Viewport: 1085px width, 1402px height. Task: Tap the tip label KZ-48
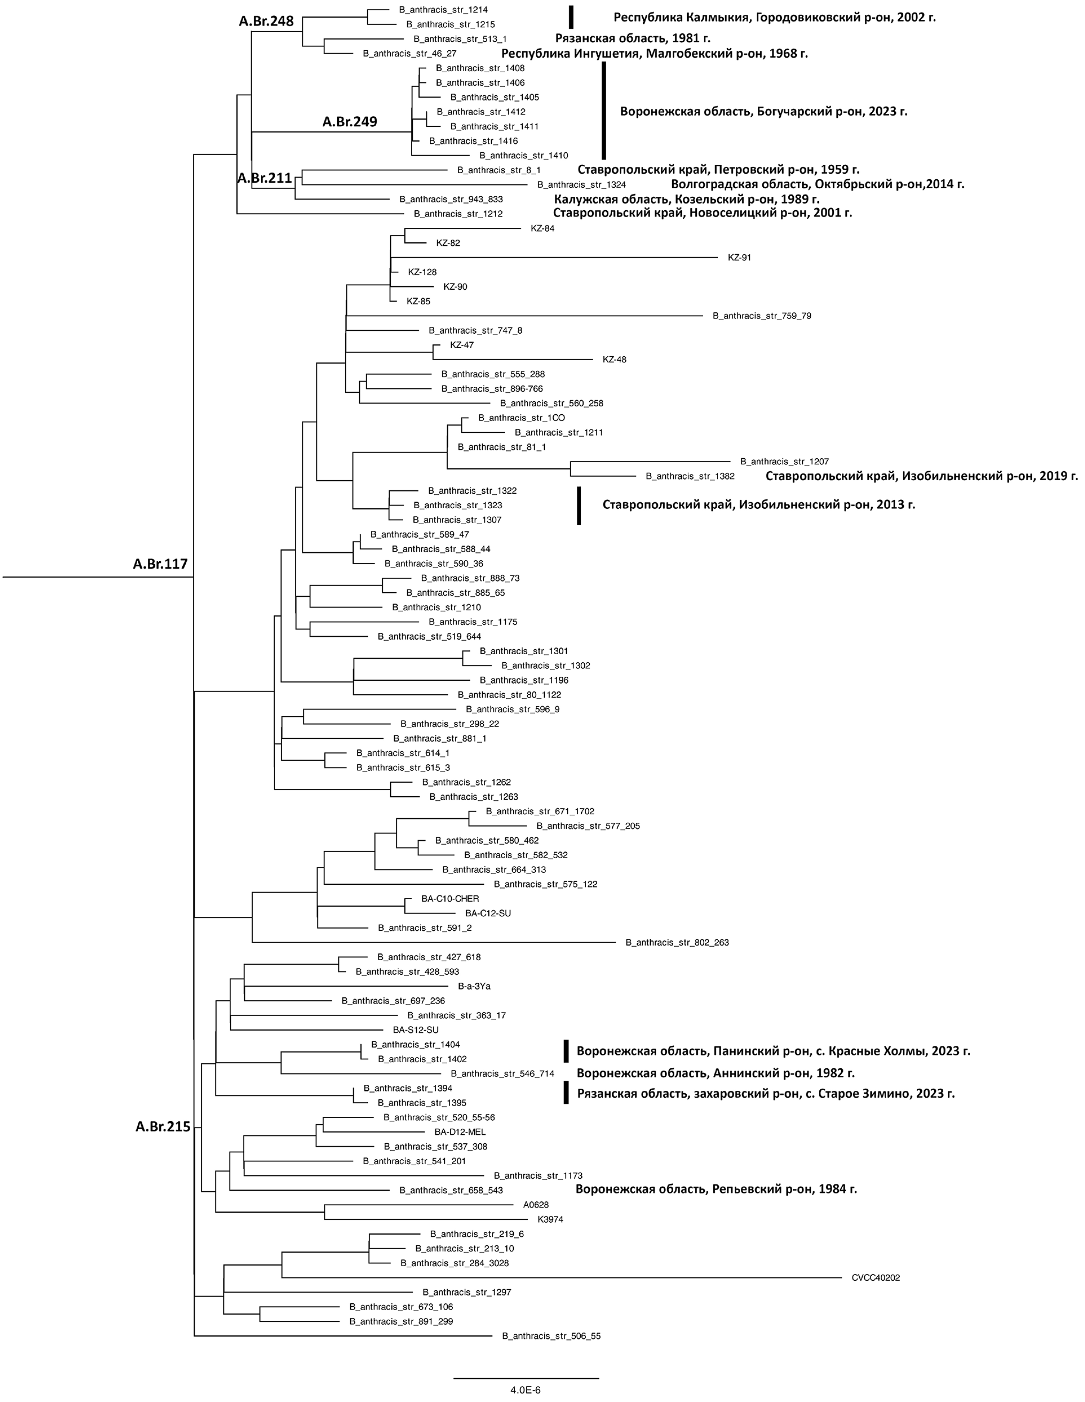[x=615, y=359]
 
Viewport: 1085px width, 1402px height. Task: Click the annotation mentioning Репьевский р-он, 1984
[x=716, y=1189]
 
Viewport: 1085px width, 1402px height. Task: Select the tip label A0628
[x=535, y=1205]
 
